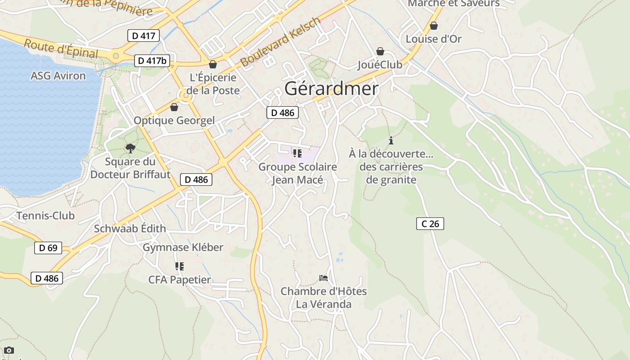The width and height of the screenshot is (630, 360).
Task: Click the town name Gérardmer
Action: point(331,89)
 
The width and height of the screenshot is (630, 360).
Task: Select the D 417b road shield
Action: point(152,60)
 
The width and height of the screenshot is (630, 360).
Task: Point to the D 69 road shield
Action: point(48,247)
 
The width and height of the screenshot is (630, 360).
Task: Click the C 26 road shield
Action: point(430,223)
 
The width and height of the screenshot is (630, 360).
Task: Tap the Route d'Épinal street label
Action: point(61,49)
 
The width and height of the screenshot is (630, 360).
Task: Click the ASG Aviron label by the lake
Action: point(58,76)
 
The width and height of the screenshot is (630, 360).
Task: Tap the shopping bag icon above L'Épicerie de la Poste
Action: point(213,65)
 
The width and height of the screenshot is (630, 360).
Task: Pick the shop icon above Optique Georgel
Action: point(174,107)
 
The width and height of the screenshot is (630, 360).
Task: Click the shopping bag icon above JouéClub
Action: point(380,51)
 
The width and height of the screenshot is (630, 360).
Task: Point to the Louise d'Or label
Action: point(433,39)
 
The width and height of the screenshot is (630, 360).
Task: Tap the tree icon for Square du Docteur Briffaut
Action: point(130,148)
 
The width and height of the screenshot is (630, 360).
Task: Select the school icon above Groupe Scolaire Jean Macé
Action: point(297,153)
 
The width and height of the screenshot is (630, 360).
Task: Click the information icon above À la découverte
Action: point(391,140)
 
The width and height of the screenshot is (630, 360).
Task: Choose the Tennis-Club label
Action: point(45,216)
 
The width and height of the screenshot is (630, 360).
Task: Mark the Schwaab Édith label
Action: point(130,229)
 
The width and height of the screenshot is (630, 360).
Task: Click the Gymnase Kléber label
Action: point(183,247)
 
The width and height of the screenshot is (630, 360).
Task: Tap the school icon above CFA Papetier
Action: point(180,266)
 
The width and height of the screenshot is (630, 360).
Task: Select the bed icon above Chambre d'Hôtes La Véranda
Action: point(323,278)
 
